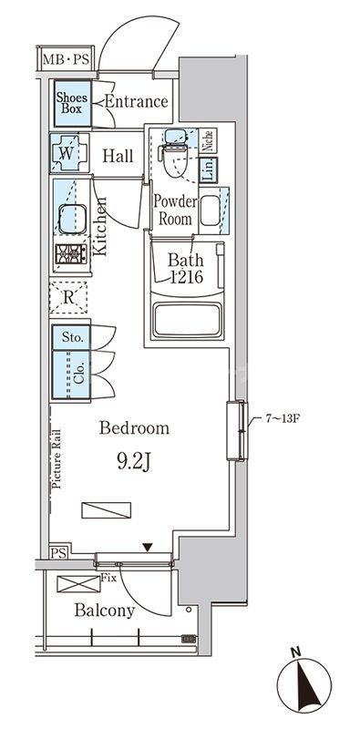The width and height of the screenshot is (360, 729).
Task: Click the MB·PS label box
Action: pos(67,58)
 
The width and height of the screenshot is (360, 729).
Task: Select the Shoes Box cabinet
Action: pos(73,104)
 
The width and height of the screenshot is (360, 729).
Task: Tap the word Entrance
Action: pos(137,101)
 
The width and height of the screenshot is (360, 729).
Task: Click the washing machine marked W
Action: pos(69,153)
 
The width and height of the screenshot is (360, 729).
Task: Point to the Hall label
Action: pos(118,156)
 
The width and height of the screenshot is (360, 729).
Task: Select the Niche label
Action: pos(209,140)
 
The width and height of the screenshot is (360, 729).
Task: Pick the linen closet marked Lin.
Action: pos(209,170)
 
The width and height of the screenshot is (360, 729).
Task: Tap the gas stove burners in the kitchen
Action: pos(71,254)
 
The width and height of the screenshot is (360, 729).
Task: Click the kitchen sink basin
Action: pos(72,219)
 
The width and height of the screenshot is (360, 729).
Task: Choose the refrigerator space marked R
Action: pos(68,298)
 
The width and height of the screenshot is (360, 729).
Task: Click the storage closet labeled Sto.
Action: pos(71,337)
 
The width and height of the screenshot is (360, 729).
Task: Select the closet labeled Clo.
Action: pos(71,375)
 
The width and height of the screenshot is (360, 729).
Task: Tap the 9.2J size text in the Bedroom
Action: pos(134,462)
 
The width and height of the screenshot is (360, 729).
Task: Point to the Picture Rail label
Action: pos(57,459)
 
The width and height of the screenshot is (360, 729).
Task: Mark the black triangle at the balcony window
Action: pos(148,548)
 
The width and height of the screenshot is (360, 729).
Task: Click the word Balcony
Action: pos(105,611)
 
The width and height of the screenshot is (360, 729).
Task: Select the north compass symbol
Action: pos(304,684)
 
